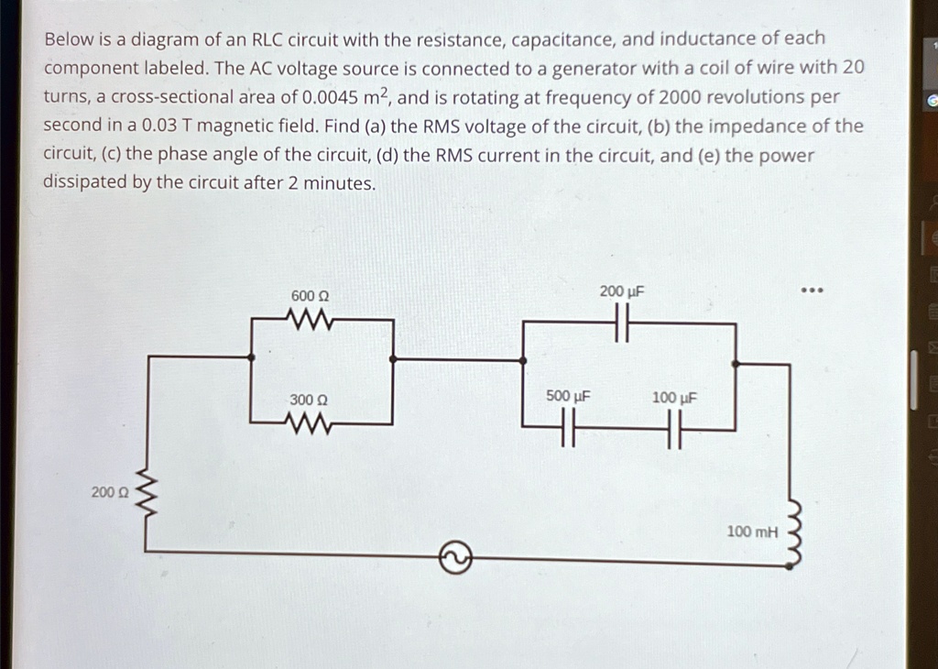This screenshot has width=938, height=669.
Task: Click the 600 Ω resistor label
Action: click(310, 296)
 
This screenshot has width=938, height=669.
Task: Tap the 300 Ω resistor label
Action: click(309, 400)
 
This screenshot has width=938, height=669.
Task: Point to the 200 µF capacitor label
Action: click(622, 291)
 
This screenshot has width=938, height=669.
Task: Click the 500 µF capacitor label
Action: click(568, 396)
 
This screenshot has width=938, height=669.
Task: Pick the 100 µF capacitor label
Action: click(675, 398)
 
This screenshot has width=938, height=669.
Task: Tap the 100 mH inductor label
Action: click(751, 531)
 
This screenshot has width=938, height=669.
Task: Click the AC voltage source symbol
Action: click(456, 554)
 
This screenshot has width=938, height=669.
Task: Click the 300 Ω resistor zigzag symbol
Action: click(309, 423)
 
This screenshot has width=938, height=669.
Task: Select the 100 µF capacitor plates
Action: click(675, 429)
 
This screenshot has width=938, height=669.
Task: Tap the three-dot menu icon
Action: click(813, 292)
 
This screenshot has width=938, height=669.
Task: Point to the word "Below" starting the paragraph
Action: click(68, 39)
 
